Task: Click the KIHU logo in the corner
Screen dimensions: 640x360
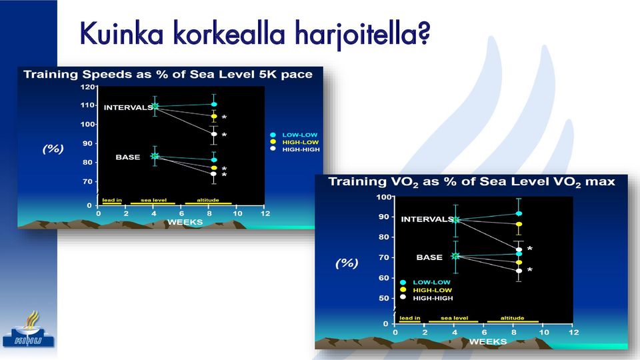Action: click(x=28, y=331)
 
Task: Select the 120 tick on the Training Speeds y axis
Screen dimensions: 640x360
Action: click(x=88, y=87)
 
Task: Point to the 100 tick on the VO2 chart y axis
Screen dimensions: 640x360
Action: click(x=384, y=197)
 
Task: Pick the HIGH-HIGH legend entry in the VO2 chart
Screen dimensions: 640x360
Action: click(x=427, y=298)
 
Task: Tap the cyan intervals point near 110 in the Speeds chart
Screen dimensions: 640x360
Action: click(x=214, y=105)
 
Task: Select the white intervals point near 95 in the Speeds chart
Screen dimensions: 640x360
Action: click(x=214, y=134)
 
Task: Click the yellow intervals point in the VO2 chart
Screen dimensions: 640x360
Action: click(x=519, y=224)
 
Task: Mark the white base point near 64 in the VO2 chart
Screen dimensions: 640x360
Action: click(x=519, y=271)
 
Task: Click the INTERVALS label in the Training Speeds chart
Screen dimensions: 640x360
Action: click(x=128, y=107)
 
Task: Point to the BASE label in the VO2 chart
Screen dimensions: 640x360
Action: click(x=429, y=257)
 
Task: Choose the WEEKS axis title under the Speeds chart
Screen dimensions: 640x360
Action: click(x=185, y=222)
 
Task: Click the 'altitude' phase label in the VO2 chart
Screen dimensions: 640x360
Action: click(x=512, y=318)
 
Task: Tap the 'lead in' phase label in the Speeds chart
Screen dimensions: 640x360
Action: click(x=112, y=200)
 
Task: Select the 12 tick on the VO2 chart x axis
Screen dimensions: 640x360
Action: click(x=574, y=332)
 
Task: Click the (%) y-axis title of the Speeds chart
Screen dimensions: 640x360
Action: click(x=53, y=149)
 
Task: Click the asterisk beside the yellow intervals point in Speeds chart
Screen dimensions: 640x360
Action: click(x=224, y=117)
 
